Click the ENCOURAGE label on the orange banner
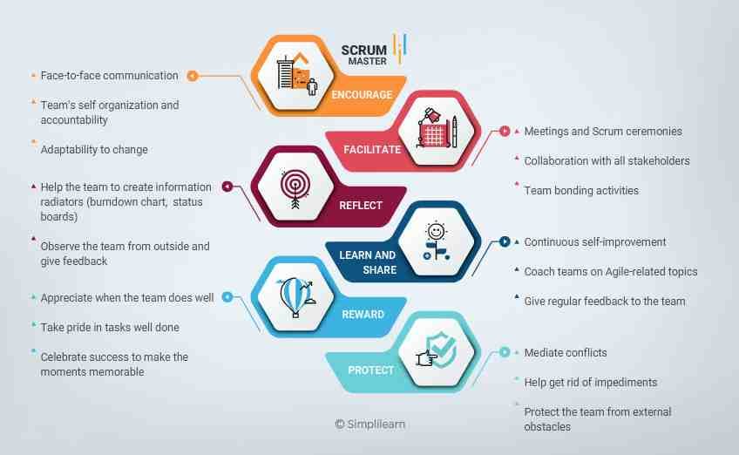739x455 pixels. click(x=362, y=95)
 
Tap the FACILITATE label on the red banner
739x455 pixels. click(x=372, y=149)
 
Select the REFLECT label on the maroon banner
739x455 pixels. click(x=361, y=206)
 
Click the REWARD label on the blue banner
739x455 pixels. click(x=363, y=315)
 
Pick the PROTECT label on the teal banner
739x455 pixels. click(x=370, y=370)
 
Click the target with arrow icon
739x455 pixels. click(x=295, y=188)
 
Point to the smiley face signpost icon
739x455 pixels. click(x=437, y=241)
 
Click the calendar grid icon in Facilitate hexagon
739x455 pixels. click(x=432, y=133)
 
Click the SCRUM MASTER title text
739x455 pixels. click(x=364, y=55)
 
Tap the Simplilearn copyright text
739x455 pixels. click(x=370, y=424)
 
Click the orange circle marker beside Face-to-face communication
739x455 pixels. click(x=193, y=76)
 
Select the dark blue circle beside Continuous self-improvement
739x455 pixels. click(x=505, y=241)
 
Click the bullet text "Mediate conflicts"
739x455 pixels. click(x=566, y=353)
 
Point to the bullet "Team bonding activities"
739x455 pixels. click(x=581, y=191)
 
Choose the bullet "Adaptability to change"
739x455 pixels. click(x=94, y=149)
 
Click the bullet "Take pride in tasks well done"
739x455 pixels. click(x=110, y=327)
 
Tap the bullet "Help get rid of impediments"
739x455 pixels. click(x=591, y=383)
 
